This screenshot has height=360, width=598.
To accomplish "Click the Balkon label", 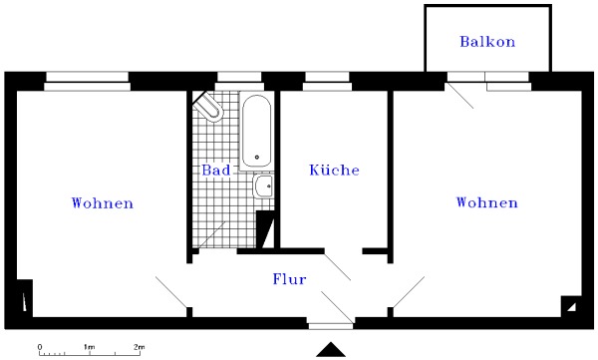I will pos(487,41).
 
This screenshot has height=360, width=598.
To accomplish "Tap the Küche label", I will pos(334,171).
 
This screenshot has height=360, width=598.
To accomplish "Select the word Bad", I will pos(216,171).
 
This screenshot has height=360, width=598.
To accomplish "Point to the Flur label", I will pos(289,280).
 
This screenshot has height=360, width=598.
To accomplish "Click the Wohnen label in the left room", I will pos(103,203).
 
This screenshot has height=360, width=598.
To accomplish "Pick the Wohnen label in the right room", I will pos(486,203).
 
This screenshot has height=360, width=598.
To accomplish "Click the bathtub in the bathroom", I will pos(257,130).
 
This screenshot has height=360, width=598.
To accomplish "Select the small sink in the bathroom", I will pos(262,186).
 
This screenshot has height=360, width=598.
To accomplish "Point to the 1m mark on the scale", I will pos(89,347).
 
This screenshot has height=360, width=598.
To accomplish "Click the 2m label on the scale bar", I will pos(140,347).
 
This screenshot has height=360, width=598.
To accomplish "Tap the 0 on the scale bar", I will pos(40,347).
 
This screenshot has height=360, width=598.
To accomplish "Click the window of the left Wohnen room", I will pos(88,80).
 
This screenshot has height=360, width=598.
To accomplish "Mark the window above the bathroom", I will pos(239,78).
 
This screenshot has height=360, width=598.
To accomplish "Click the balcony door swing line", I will pos(459,95).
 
